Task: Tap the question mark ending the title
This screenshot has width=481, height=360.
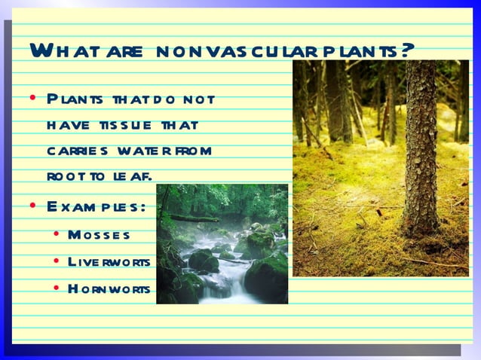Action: pyautogui.click(x=407, y=50)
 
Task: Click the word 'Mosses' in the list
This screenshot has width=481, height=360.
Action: pyautogui.click(x=98, y=235)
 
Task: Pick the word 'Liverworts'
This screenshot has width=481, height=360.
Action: pyautogui.click(x=109, y=261)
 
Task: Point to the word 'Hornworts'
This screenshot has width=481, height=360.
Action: pyautogui.click(x=108, y=288)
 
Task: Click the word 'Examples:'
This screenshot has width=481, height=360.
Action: pyautogui.click(x=95, y=206)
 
